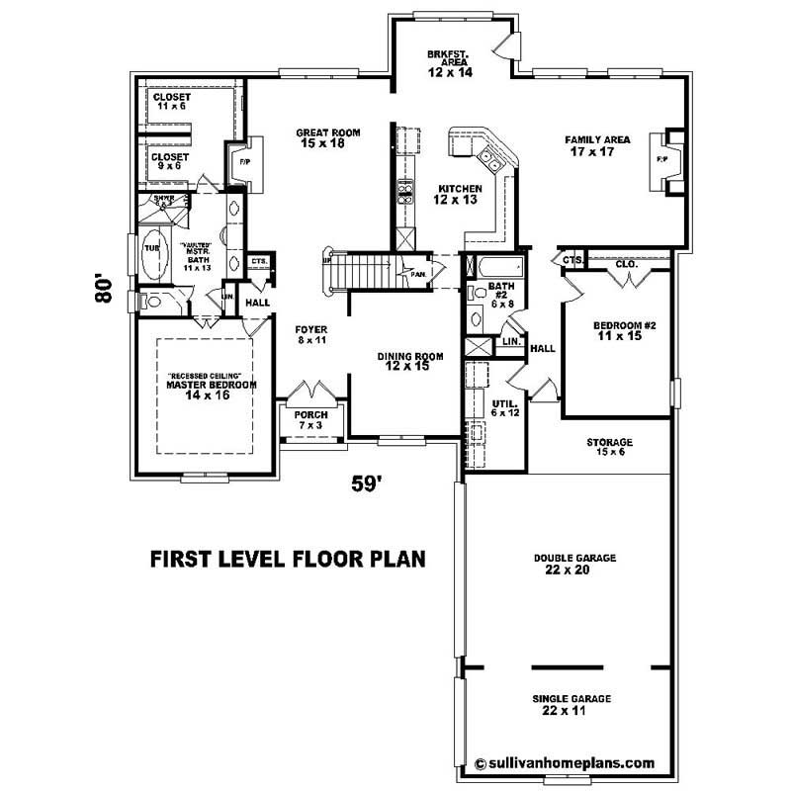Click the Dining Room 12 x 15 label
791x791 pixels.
tap(409, 361)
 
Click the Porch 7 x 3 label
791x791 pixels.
tap(311, 419)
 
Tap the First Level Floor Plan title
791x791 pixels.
tap(288, 559)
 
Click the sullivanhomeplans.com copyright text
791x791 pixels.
tap(565, 762)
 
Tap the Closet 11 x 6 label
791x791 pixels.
tap(172, 102)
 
